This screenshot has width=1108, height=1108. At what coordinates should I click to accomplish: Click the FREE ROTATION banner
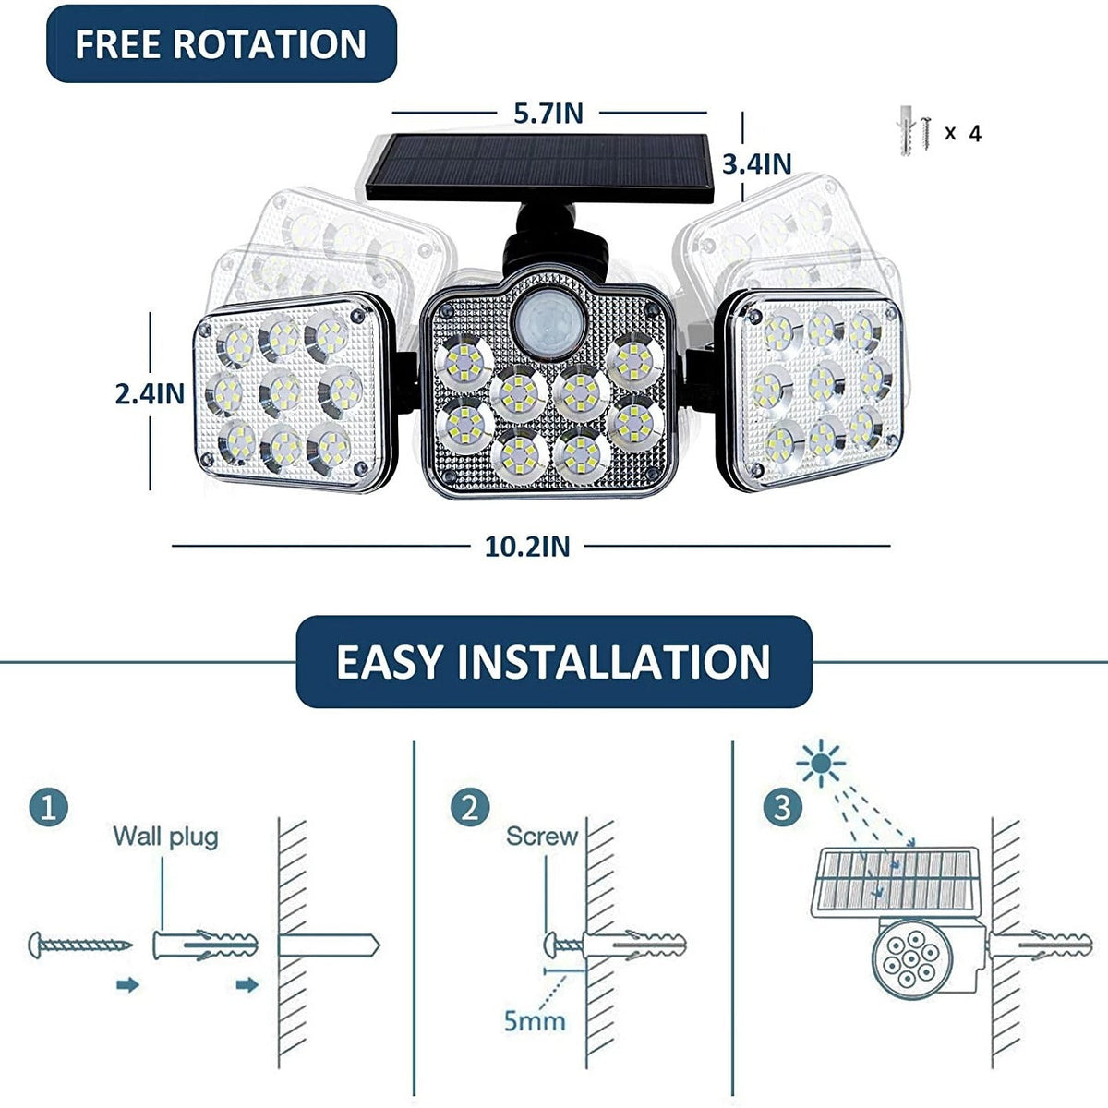[x=222, y=43]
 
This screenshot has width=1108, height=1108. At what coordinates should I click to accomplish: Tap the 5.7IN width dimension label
[x=548, y=114]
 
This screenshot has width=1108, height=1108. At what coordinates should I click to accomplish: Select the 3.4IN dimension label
[x=757, y=163]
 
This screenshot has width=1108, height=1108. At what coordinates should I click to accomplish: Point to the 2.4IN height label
[x=151, y=394]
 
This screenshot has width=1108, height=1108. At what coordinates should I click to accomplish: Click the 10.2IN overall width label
[x=527, y=547]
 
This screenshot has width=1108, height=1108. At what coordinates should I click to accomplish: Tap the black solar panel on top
[x=540, y=168]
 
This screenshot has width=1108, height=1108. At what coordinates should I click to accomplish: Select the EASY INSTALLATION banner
[x=554, y=662]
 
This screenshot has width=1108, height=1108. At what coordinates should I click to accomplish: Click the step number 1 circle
[x=49, y=807]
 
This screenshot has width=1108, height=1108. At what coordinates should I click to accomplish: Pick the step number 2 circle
[x=470, y=807]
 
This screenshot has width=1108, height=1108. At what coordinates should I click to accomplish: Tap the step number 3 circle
[x=783, y=807]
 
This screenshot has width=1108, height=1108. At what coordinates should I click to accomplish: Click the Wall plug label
[x=165, y=837]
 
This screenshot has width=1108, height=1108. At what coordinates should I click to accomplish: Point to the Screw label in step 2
[x=542, y=837]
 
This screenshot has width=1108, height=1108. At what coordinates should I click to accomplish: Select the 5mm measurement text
[x=535, y=1021]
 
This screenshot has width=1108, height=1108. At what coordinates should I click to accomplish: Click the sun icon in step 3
[x=821, y=763]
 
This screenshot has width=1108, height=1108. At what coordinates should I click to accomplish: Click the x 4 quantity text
[x=963, y=133]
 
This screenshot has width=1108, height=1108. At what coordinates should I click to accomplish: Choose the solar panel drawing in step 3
[x=896, y=882]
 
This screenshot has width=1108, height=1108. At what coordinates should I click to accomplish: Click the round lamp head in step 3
[x=911, y=959]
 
